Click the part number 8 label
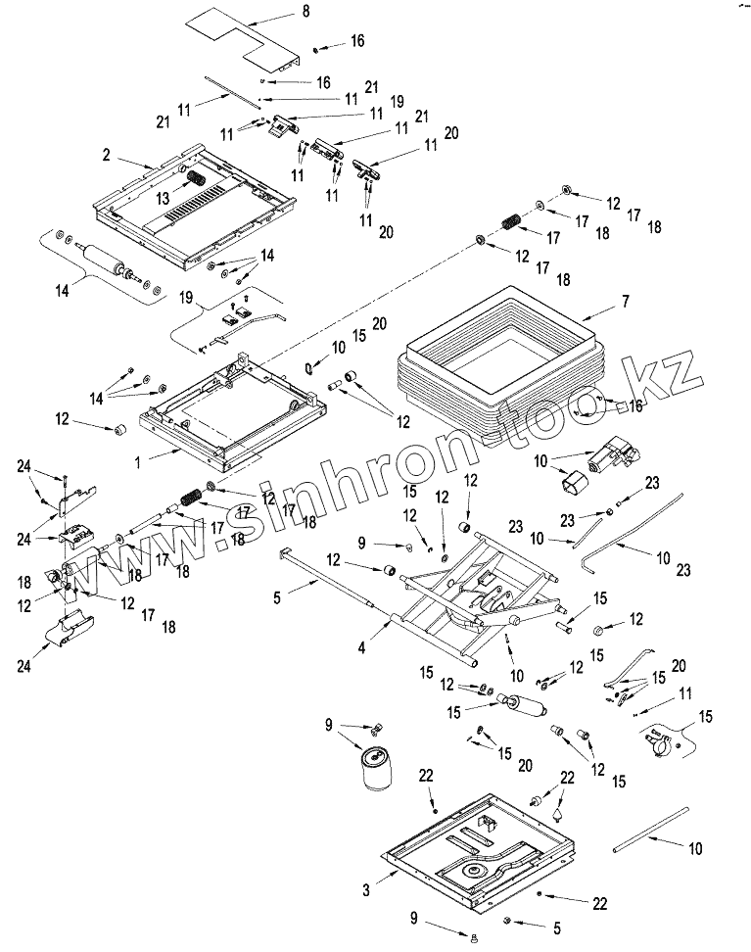(x=305, y=11)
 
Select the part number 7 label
(x=626, y=301)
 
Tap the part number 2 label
(x=107, y=155)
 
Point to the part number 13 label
(x=163, y=199)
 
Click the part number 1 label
(x=138, y=462)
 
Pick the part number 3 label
(x=366, y=890)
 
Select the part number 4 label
(x=362, y=648)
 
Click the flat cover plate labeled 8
(x=243, y=36)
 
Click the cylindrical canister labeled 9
(x=376, y=770)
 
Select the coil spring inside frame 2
(x=196, y=180)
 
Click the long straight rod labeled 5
(x=327, y=577)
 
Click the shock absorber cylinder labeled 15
(x=522, y=704)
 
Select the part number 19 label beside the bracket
(x=186, y=298)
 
